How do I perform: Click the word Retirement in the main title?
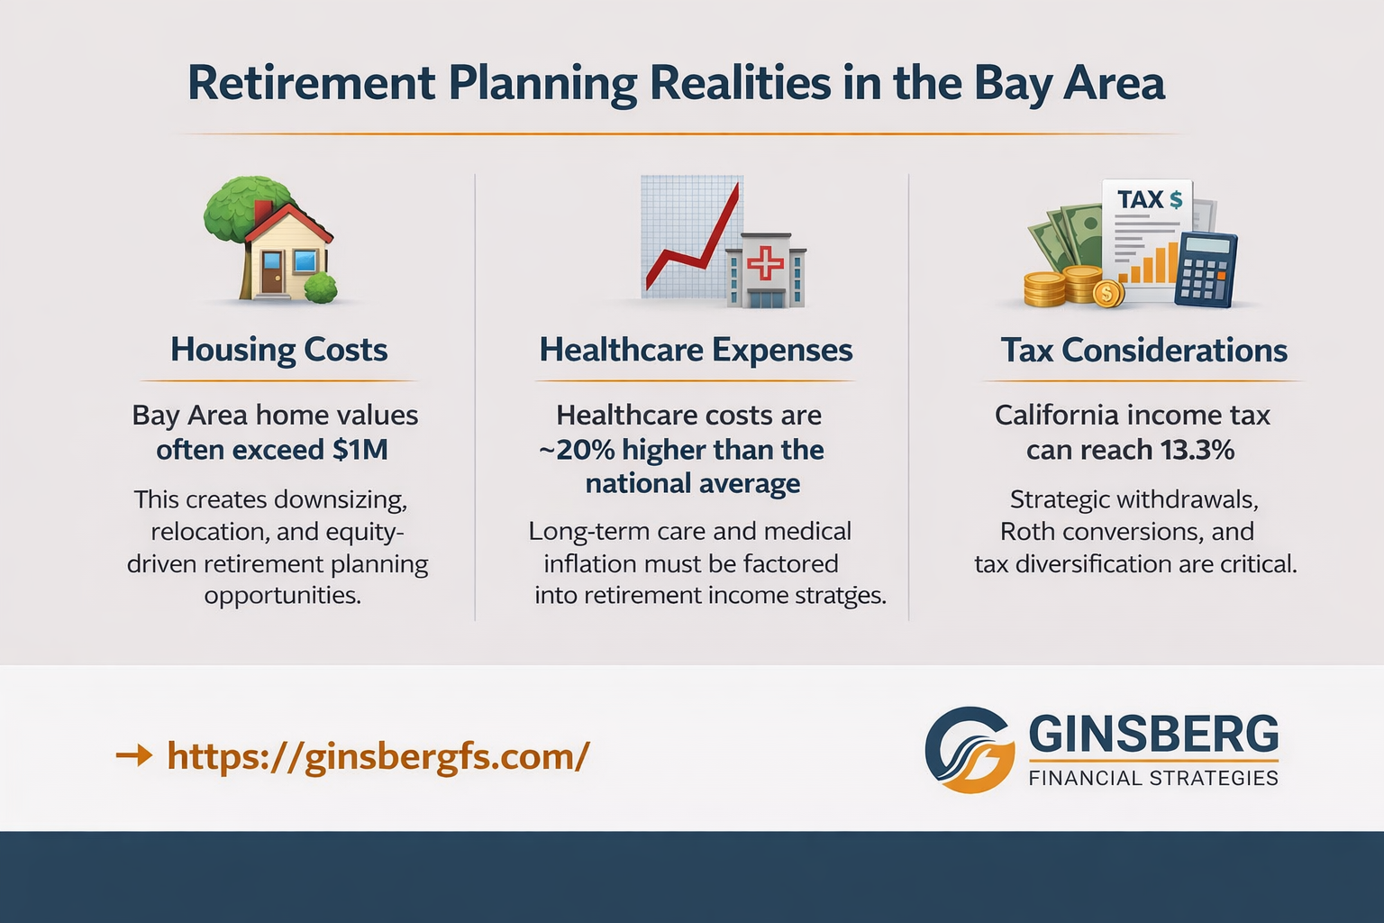pyautogui.click(x=311, y=83)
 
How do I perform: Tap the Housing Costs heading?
pyautogui.click(x=279, y=350)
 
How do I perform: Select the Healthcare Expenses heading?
pyautogui.click(x=696, y=350)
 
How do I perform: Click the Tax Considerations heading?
pyautogui.click(x=1143, y=350)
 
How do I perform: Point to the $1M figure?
pyautogui.click(x=360, y=449)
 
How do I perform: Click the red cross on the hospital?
pyautogui.click(x=766, y=263)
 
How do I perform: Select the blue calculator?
pyautogui.click(x=1206, y=269)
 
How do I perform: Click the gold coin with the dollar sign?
pyautogui.click(x=1106, y=292)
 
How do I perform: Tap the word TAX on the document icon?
pyautogui.click(x=1140, y=199)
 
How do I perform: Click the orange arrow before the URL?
pyautogui.click(x=134, y=755)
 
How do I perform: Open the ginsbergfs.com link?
pyautogui.click(x=378, y=755)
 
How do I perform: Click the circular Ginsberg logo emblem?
pyautogui.click(x=970, y=750)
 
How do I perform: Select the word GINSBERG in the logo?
pyautogui.click(x=1153, y=734)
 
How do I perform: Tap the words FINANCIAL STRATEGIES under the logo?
pyautogui.click(x=1153, y=778)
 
